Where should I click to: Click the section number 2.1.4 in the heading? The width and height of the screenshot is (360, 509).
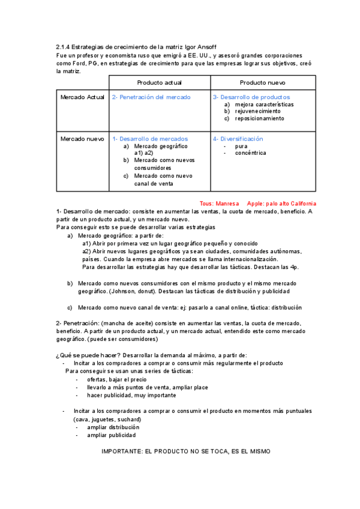point(63,47)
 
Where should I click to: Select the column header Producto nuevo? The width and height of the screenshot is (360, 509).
point(262,82)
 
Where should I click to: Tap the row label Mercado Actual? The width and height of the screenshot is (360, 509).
point(82,97)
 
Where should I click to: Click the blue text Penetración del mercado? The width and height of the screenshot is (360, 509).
point(154,97)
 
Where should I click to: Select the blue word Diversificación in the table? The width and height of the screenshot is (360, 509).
point(241,139)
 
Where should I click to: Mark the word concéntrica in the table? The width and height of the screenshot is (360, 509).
point(251,153)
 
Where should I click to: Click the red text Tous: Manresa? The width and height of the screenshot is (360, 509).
point(219,203)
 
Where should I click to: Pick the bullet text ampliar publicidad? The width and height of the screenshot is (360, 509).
point(111,435)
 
